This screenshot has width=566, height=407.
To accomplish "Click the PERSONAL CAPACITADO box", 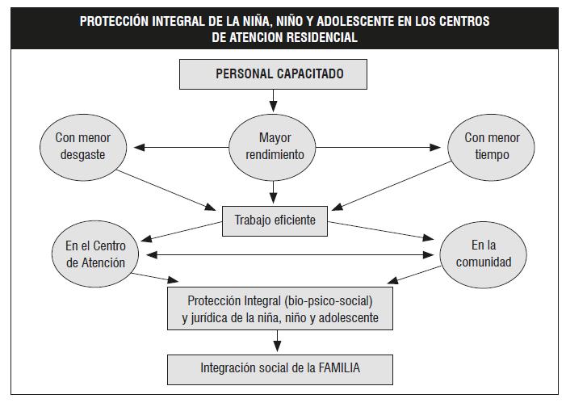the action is [273, 74].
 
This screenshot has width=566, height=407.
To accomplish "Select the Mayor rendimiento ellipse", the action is [273, 147].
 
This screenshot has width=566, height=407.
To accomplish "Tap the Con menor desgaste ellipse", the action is [83, 147].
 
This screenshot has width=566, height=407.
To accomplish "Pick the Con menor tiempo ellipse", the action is [491, 147].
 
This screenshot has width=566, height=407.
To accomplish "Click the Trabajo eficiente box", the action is [275, 221].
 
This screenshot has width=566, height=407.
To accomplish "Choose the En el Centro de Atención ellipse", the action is [95, 254].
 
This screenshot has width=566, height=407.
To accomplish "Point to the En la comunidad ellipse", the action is [484, 254].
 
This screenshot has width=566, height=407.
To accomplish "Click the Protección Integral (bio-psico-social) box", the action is [280, 308].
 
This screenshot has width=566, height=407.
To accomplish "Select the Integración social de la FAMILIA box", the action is [280, 369].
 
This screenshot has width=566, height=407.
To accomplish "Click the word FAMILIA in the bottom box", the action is [339, 368].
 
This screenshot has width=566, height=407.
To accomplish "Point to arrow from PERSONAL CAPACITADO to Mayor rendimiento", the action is [273, 101].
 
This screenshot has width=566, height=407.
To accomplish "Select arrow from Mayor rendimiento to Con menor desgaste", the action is [181, 147].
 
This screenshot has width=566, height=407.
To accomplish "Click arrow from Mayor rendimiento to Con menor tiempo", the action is [379, 147].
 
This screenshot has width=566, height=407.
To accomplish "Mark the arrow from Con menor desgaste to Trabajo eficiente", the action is [166, 190].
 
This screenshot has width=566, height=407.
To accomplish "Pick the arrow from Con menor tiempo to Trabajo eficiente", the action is [392, 186].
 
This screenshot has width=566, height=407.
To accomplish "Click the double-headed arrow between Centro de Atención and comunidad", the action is [290, 255].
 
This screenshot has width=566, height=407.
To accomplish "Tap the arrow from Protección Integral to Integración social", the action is [277, 341].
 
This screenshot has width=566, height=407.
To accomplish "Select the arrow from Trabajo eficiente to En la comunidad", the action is [381, 231].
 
